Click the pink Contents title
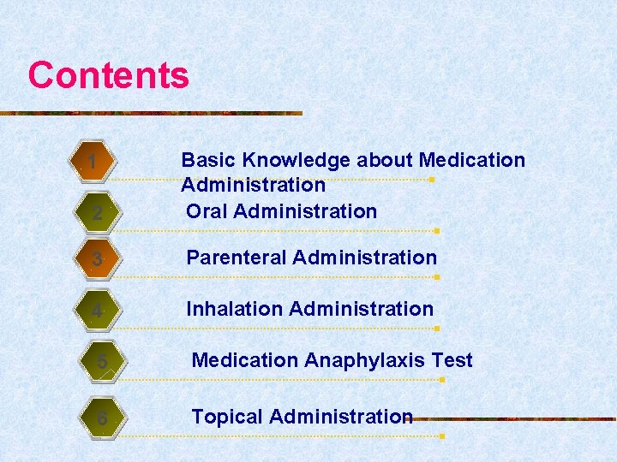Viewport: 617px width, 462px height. [108, 75]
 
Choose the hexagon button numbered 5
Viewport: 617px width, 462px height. [102, 362]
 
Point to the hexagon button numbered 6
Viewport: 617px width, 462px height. [102, 418]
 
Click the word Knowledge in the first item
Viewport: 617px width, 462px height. [297, 160]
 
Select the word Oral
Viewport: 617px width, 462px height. [207, 211]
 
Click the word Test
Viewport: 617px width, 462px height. [452, 360]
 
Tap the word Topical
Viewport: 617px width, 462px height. [227, 417]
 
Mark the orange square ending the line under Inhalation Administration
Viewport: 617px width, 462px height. [437, 329]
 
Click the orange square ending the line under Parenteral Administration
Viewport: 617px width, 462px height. [437, 277]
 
